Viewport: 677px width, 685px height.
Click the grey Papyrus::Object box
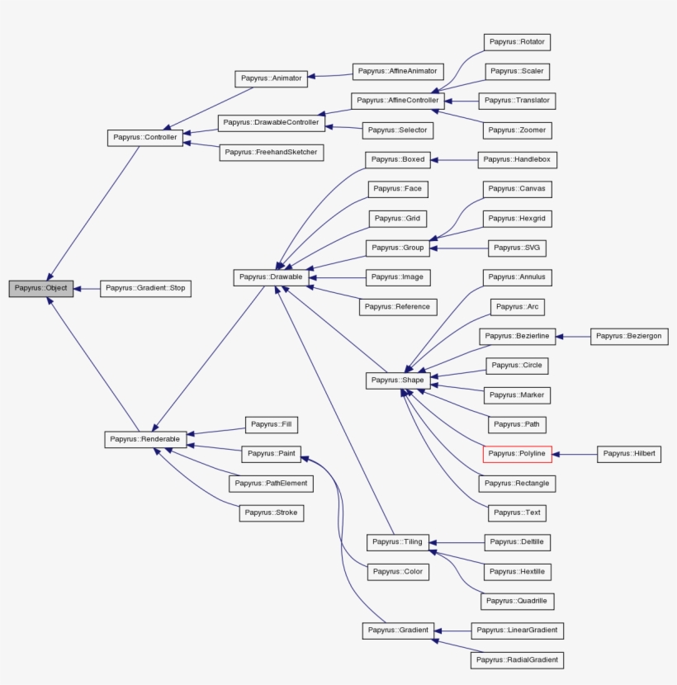40,289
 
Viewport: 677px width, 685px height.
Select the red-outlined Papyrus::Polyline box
517,454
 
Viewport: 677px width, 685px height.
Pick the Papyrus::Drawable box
271,277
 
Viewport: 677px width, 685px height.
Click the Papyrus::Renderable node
144,439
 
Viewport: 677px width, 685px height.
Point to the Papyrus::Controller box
144,138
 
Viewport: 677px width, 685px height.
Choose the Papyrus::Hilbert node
628,454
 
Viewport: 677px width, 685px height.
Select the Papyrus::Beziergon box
628,336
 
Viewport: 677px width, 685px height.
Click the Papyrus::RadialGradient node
517,659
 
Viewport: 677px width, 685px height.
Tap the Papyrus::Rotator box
517,42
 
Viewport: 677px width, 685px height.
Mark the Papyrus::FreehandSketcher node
270,153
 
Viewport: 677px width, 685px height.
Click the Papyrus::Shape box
397,380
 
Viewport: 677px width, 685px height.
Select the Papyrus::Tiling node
397,542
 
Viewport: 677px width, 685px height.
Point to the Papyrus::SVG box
518,248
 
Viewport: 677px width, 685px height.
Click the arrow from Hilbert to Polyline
574,454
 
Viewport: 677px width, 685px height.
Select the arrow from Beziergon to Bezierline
573,336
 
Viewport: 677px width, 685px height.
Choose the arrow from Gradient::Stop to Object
86,289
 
